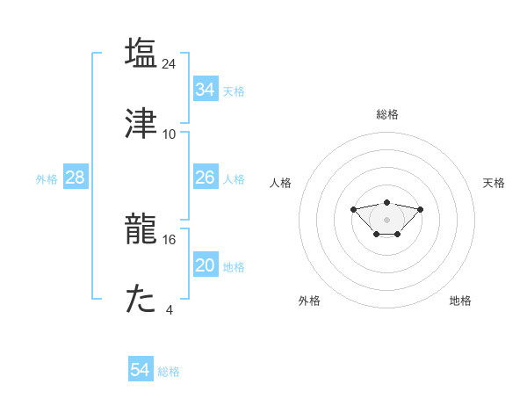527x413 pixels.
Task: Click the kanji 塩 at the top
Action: tap(141, 53)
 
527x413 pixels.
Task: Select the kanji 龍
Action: tap(141, 228)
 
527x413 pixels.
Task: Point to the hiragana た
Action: tap(141, 300)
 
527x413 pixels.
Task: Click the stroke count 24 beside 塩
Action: tap(170, 63)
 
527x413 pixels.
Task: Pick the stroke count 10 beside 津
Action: tap(170, 134)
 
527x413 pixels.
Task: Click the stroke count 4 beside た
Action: tap(170, 310)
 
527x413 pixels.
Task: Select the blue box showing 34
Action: tap(206, 90)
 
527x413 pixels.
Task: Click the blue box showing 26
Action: tap(206, 178)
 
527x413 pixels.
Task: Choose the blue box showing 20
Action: tap(206, 265)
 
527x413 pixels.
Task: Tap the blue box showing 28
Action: tap(76, 178)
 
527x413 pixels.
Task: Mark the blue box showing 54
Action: tap(141, 370)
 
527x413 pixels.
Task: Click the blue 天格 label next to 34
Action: tap(234, 91)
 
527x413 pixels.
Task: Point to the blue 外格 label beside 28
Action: tap(47, 179)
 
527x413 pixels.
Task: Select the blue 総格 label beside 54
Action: tap(169, 372)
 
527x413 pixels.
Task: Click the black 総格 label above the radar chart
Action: tap(387, 114)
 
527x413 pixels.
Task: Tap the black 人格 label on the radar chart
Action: tap(281, 183)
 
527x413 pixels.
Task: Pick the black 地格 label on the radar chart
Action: tap(460, 301)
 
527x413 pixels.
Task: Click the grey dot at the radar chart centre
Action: tap(386, 219)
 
